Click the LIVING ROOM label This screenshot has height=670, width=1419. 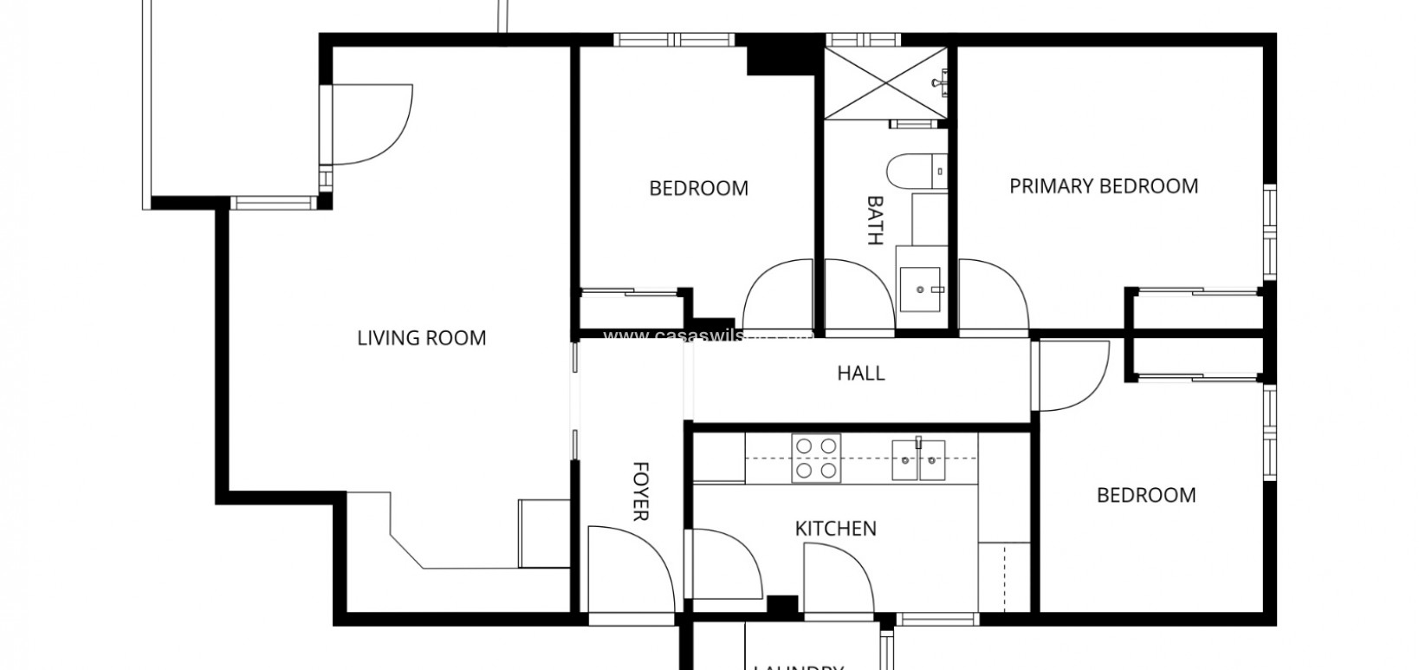point(422,338)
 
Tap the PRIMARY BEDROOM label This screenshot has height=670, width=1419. point(1104,186)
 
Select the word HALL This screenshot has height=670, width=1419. point(861,374)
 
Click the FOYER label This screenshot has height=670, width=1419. point(640,491)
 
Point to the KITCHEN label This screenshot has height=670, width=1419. point(836,529)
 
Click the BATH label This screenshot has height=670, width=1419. point(875,220)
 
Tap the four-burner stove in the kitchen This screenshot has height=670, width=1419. point(816,459)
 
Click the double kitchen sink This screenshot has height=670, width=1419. point(918,459)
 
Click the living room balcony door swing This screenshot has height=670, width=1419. point(368,124)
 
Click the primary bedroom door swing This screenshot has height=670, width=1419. point(992,295)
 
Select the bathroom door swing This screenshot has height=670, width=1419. point(858,295)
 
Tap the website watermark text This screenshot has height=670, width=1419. point(706,335)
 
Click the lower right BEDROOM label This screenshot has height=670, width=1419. point(1146,496)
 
